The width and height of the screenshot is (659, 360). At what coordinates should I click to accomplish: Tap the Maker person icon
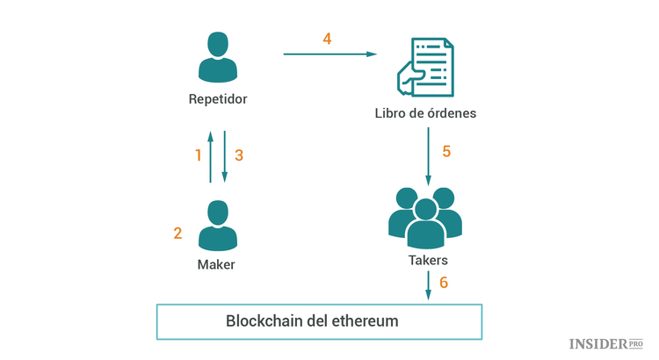pos(217,226)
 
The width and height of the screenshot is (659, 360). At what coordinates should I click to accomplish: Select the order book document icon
pos(425,68)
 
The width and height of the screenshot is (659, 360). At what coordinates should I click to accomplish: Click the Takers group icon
pos(425,219)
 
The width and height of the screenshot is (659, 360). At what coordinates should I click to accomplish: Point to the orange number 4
pos(327,40)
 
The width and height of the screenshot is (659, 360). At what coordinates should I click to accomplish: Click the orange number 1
pos(198,155)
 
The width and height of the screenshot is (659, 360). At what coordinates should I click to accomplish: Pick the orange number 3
pos(239,155)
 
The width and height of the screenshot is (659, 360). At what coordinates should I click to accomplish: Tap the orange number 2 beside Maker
pos(177,234)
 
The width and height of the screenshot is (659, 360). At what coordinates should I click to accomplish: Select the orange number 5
pos(446,151)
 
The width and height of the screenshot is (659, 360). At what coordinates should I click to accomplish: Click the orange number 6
pos(444,283)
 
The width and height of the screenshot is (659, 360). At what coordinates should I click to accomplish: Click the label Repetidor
pos(218,99)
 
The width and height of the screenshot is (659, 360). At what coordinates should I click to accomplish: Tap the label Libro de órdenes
pos(426,114)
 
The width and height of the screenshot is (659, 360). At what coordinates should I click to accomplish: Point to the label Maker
pos(217,264)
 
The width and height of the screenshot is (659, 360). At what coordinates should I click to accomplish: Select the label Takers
pos(428,261)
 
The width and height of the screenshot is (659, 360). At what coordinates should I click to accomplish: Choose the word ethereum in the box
pos(364,321)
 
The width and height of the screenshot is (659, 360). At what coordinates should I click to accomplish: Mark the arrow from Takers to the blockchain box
pos(428,285)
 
